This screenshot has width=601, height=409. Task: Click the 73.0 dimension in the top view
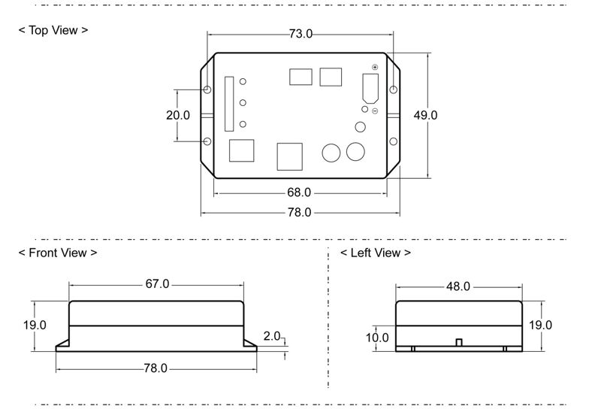[x=300, y=34]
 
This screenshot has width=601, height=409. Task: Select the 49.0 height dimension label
[x=425, y=115]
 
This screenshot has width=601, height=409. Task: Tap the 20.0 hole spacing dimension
[x=178, y=115]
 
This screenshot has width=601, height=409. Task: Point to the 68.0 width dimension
[x=299, y=192]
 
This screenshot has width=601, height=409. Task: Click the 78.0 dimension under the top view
[x=299, y=212]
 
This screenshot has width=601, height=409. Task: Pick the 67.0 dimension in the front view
[x=157, y=284]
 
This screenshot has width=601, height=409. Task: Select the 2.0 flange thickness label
[x=272, y=336]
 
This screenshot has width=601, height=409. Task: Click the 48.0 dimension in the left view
[x=458, y=286]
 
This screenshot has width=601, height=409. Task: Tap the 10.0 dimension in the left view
[x=377, y=338]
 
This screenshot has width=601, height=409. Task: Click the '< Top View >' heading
[x=53, y=30]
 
